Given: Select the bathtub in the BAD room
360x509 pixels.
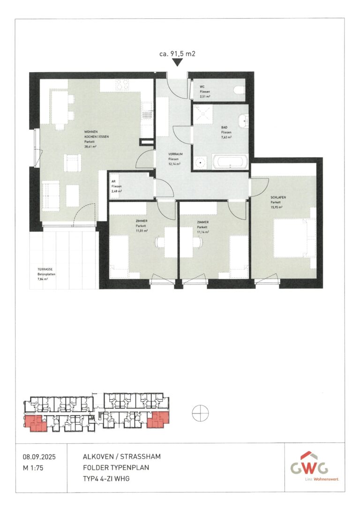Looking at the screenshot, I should click(228, 163).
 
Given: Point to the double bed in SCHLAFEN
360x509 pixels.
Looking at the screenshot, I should click(293, 237).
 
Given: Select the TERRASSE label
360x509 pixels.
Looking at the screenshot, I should click(45, 269).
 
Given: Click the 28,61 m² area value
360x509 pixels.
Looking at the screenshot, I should click(90, 146).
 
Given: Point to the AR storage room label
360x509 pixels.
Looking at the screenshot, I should click(113, 181).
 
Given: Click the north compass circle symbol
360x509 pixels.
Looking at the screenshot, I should click(200, 413).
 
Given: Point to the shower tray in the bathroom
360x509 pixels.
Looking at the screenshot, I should click(202, 113).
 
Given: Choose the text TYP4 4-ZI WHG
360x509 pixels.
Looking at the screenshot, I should click(106, 478).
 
